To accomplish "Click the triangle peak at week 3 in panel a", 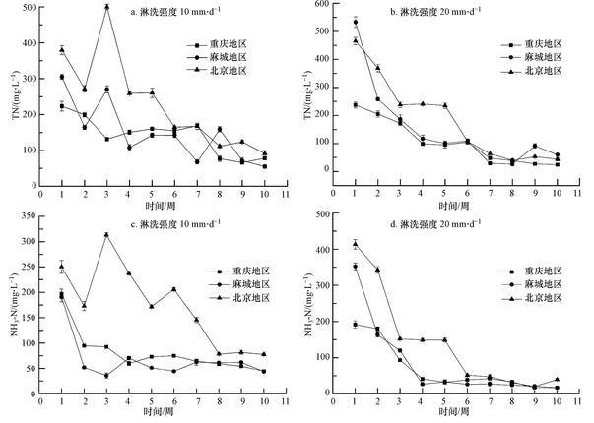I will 106,7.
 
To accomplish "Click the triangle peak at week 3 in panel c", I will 106,234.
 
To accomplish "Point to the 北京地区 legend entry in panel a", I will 232,71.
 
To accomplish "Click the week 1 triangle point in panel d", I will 355,244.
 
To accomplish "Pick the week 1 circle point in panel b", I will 355,22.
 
